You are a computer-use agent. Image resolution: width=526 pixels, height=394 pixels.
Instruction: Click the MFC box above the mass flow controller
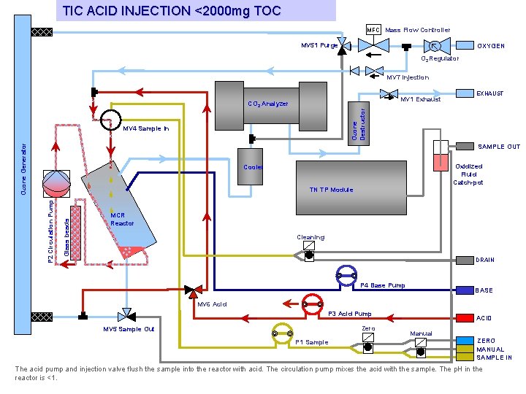click(x=373, y=29)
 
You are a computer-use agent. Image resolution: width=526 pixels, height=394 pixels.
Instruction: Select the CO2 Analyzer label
click(x=267, y=104)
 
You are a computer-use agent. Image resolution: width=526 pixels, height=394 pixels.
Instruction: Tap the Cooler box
click(x=251, y=166)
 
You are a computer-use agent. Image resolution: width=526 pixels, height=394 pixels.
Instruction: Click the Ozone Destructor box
click(x=359, y=123)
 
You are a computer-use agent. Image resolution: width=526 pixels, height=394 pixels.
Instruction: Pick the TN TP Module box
click(x=351, y=188)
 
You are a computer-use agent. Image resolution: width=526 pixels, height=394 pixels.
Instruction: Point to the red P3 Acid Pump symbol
click(x=313, y=305)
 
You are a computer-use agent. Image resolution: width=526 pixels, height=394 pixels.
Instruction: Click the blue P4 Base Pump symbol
click(x=346, y=276)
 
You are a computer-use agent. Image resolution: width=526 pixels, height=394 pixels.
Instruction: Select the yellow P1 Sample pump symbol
click(x=283, y=334)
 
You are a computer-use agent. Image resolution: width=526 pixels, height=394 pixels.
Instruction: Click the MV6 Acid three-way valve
click(x=193, y=291)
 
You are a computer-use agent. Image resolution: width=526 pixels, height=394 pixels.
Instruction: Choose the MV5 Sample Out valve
click(x=126, y=316)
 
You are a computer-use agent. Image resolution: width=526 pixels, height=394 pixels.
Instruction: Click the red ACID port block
click(x=465, y=318)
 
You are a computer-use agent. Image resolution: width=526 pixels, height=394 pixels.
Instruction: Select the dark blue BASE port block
click(x=465, y=290)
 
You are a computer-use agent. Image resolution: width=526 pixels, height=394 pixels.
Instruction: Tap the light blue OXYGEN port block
click(x=465, y=45)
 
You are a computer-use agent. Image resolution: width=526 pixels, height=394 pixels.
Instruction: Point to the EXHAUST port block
click(x=465, y=93)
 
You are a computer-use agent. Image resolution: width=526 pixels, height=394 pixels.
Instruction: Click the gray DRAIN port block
click(x=465, y=260)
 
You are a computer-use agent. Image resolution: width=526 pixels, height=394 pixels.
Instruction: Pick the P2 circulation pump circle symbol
click(x=57, y=184)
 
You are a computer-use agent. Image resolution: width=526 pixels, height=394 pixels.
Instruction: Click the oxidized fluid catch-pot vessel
click(x=441, y=156)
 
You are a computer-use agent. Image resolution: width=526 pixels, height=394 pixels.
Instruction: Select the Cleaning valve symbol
click(x=309, y=251)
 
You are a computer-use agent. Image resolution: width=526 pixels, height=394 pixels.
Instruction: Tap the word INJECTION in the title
click(x=156, y=11)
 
